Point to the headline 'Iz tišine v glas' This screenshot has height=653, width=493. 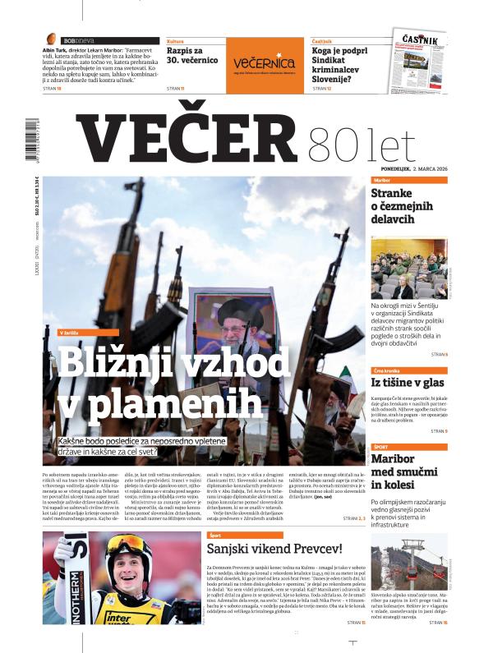click(408, 382)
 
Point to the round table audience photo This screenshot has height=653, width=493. click(408, 269)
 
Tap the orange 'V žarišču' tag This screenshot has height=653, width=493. click(72, 333)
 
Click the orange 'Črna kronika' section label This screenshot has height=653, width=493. click(386, 370)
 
